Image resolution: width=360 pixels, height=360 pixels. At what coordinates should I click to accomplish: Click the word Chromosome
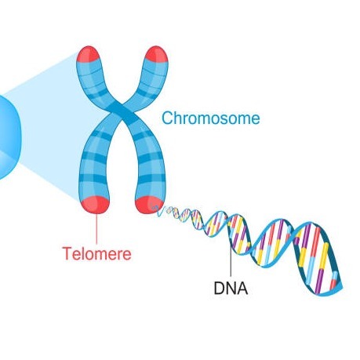[x=211, y=118]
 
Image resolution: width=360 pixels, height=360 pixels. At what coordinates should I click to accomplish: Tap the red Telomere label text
[x=96, y=253]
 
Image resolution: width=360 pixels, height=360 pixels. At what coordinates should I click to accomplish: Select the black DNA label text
[x=231, y=288]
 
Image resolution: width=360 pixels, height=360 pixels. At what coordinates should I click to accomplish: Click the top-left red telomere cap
[x=88, y=54]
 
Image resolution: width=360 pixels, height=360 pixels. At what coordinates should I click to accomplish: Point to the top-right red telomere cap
[x=157, y=54]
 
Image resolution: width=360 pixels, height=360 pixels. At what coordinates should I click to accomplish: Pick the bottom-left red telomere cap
[x=95, y=205]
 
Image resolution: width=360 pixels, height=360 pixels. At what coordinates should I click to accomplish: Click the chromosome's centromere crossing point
[x=122, y=113]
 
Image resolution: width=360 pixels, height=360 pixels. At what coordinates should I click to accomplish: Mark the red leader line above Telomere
[x=96, y=229]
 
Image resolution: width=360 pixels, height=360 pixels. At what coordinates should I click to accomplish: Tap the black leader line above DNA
[x=231, y=260]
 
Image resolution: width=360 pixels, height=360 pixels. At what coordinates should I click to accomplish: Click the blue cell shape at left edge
[x=9, y=137]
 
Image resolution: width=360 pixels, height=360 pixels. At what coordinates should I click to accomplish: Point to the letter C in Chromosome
[x=167, y=118]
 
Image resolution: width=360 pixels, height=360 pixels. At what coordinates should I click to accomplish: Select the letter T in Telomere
[x=67, y=253]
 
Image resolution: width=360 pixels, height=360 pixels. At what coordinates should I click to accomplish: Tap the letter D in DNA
[x=219, y=288]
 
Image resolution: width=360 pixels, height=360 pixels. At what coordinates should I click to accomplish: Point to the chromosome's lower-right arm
[x=149, y=162]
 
